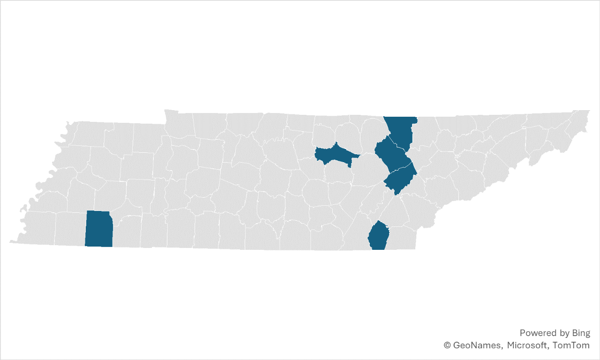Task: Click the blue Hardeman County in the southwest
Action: coord(99,229)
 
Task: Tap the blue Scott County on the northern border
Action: coord(401,131)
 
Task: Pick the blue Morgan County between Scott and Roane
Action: coord(391,155)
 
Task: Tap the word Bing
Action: coord(581,333)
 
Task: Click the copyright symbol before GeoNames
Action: coord(448,345)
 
